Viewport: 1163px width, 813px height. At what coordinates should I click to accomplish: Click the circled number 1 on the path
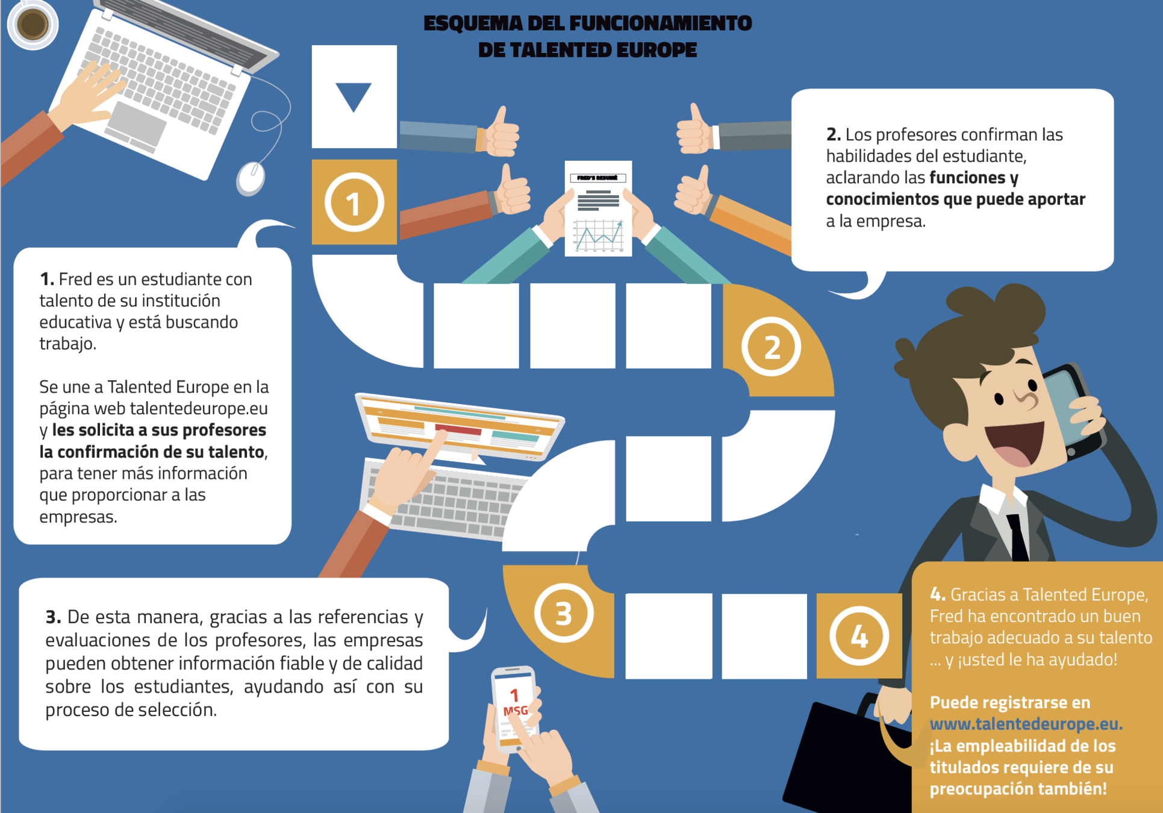click(354, 203)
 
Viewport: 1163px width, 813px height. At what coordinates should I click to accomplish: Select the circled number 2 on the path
click(772, 347)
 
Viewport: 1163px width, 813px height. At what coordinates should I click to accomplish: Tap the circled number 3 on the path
click(564, 613)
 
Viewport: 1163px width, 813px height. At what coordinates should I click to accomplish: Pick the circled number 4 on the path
click(859, 635)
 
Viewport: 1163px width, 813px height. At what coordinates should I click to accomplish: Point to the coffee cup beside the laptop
click(33, 24)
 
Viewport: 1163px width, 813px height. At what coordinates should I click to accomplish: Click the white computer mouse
click(251, 178)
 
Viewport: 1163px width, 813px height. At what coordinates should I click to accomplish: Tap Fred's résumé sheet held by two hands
click(598, 208)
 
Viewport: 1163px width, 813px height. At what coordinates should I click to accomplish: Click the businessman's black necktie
click(1018, 536)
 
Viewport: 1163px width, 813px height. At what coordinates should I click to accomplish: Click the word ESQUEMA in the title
click(473, 23)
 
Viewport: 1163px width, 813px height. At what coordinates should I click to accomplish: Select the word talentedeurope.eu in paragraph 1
click(199, 408)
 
